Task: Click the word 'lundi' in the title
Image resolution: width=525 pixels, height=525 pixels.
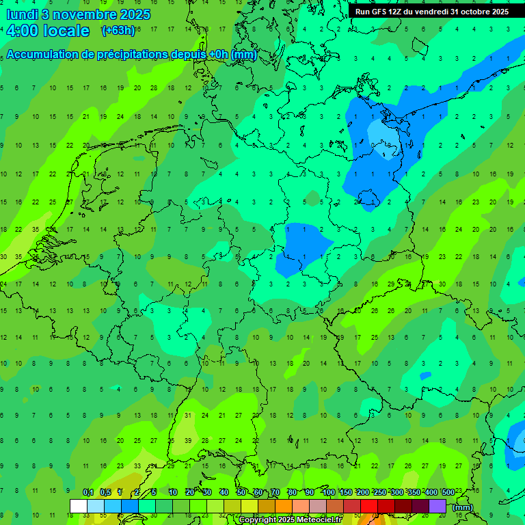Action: point(22,14)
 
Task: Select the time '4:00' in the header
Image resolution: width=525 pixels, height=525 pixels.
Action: point(22,31)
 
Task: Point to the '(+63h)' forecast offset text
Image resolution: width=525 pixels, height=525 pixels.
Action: point(118,31)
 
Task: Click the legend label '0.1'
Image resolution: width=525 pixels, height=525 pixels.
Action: point(88,493)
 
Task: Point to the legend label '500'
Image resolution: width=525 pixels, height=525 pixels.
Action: point(448,493)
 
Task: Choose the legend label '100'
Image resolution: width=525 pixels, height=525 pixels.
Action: point(328,493)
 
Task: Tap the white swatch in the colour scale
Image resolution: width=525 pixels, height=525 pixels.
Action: point(78,506)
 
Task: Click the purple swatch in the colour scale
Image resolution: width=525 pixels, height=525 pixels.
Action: point(437,506)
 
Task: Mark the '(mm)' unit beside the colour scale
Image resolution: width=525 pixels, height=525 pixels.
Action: point(463,507)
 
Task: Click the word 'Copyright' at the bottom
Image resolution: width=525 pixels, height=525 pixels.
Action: point(258,520)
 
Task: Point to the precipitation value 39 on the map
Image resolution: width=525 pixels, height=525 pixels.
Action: point(188,441)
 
